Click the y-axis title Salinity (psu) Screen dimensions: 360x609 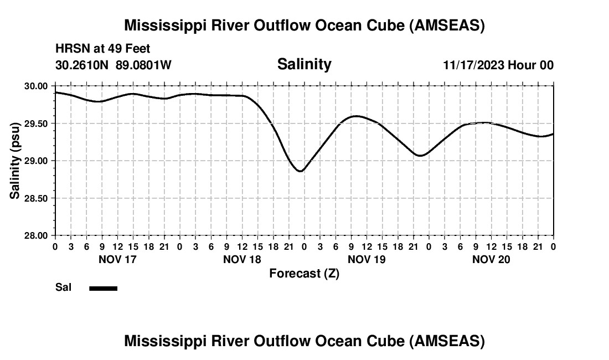pos(15,161)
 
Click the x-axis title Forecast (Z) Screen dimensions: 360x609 pos(304,273)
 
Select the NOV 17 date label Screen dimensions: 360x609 pos(117,259)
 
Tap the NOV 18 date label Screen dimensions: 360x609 pos(242,259)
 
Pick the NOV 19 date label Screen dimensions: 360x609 pos(367,259)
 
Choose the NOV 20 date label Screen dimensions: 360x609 pos(491,259)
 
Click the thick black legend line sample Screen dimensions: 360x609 pos(104,288)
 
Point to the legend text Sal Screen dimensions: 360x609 pos(63,287)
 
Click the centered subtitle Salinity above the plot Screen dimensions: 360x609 pos(304,64)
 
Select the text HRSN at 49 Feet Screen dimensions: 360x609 pos(102,49)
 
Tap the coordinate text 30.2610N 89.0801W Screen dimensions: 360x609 pos(113,65)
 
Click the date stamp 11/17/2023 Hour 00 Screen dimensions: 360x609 pos(498,65)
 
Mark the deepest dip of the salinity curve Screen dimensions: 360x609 pos(300,171)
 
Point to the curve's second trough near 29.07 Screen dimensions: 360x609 pos(420,156)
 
